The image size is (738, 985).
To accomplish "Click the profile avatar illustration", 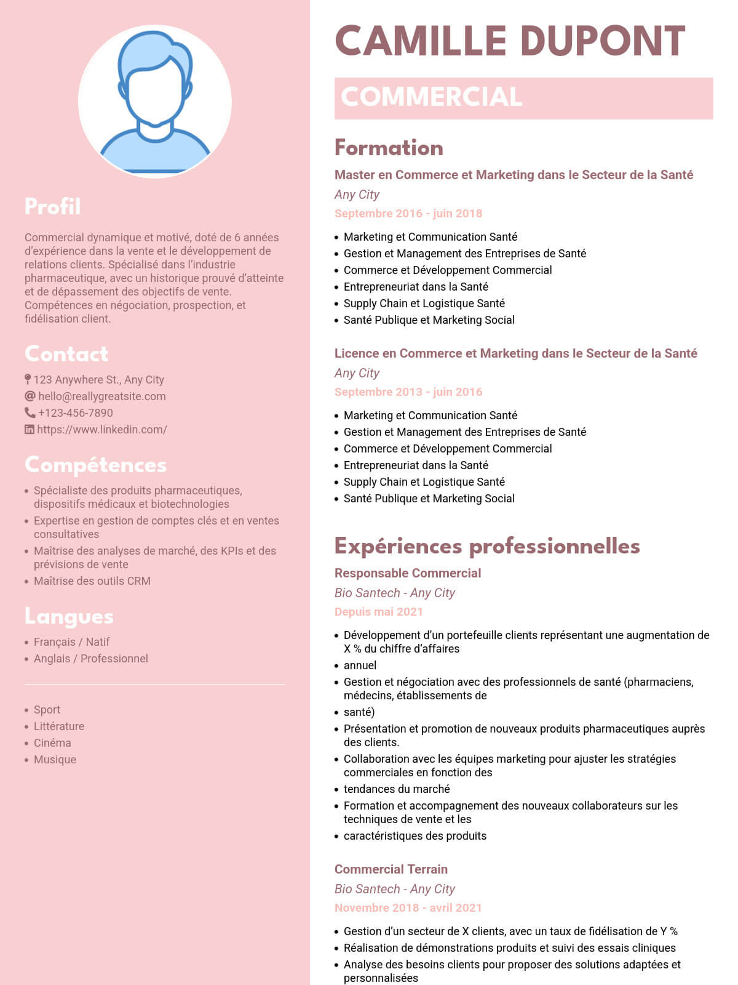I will click(155, 102).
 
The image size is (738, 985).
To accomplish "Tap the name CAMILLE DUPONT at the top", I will click(510, 42).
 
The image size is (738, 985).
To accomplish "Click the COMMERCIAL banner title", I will click(432, 97).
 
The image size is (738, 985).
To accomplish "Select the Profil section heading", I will click(53, 207).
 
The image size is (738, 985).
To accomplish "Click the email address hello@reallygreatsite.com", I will click(102, 396).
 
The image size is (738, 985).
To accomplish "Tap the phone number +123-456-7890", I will click(76, 413).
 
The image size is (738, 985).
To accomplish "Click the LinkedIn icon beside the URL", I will click(29, 430).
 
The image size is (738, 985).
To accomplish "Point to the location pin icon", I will click(28, 379).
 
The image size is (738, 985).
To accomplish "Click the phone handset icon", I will click(30, 412).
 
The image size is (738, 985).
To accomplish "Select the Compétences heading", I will click(95, 465).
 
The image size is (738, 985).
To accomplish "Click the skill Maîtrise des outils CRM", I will click(92, 581).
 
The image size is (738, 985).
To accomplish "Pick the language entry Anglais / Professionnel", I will click(91, 659).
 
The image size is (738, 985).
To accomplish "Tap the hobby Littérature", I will click(59, 726).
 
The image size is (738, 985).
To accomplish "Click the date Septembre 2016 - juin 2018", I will click(408, 214).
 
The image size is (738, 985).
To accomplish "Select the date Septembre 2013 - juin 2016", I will click(408, 392).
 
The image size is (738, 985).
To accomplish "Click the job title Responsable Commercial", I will click(408, 573).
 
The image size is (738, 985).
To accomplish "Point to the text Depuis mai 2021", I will click(379, 612).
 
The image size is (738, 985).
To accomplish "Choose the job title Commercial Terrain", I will click(391, 869).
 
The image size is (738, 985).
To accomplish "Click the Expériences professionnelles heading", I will click(487, 546).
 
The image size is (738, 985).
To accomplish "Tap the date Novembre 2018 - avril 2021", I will click(408, 908).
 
